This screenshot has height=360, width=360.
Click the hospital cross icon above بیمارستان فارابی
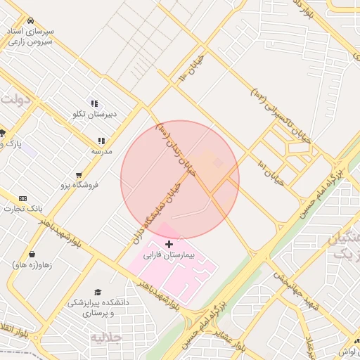tap(169, 243)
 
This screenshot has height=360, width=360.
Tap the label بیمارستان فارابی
tap(168, 256)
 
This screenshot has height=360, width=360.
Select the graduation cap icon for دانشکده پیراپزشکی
tap(98, 292)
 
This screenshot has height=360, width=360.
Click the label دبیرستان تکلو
tap(95, 114)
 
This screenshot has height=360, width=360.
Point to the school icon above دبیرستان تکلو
tap(94, 103)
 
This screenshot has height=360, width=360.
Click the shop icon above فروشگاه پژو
tap(78, 174)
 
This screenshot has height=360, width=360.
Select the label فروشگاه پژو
tap(78, 185)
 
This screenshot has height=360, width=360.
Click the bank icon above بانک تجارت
tap(22, 199)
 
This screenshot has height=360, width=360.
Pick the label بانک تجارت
tap(23, 209)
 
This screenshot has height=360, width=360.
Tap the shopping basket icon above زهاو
tap(32, 255)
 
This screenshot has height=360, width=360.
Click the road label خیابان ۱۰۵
tap(191, 65)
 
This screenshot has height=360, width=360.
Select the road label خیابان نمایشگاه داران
tap(157, 210)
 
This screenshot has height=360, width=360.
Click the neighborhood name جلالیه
tap(106, 337)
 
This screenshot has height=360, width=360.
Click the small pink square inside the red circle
tap(218, 163)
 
